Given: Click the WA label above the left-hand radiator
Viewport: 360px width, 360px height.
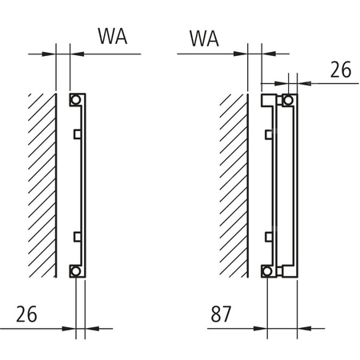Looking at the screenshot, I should tap(114, 37).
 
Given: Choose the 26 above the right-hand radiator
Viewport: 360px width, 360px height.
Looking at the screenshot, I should tap(340, 70).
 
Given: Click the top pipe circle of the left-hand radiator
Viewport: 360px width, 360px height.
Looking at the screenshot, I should tap(74, 101).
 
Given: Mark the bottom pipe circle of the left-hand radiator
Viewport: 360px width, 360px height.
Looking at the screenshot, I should tap(74, 270).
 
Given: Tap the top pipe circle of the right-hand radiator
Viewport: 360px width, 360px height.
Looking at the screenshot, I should tap(286, 101).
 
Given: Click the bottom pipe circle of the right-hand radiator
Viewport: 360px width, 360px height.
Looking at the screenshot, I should tap(286, 270).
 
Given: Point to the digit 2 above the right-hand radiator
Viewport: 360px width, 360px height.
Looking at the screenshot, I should tap(334, 70).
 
